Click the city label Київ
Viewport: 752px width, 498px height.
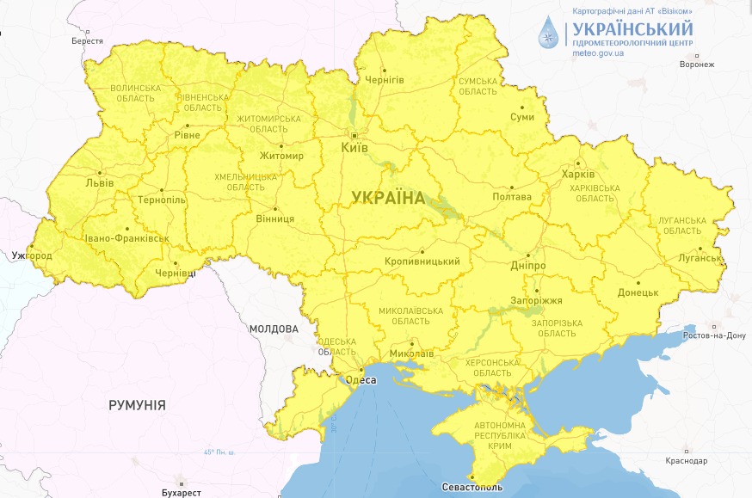tap(354, 148)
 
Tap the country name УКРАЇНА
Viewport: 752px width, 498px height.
tap(388, 198)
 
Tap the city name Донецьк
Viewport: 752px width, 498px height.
tap(638, 292)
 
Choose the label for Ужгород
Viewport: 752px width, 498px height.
tap(33, 256)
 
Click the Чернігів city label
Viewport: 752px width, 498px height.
tap(385, 79)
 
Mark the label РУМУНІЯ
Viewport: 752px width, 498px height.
tap(137, 404)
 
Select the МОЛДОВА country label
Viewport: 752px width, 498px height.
tap(274, 329)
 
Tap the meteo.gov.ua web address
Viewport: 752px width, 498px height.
tap(598, 53)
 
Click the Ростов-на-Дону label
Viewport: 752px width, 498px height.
tap(713, 335)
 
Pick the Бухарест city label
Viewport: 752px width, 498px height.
tap(181, 493)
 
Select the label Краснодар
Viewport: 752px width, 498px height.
tap(686, 461)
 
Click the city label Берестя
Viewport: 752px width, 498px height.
tap(87, 40)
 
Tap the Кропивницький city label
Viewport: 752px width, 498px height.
tap(422, 261)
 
